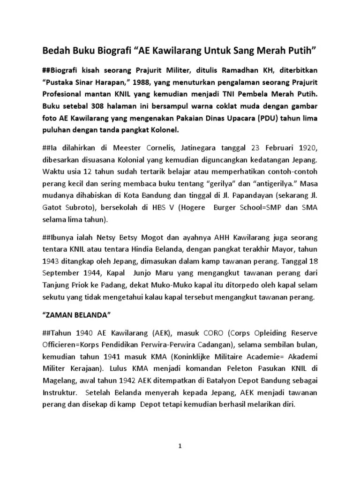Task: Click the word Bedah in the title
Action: click(x=55, y=49)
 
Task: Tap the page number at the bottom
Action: click(x=180, y=447)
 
